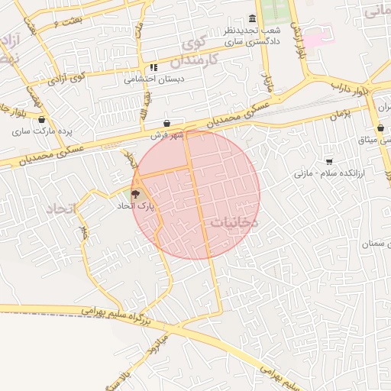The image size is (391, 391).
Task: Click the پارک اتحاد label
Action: click(x=136, y=206)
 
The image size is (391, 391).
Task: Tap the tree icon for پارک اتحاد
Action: click(x=136, y=195)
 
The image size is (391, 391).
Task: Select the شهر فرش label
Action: click(x=167, y=135)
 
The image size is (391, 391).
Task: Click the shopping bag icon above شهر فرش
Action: click(x=167, y=124)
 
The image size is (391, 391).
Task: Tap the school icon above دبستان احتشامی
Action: click(x=153, y=67)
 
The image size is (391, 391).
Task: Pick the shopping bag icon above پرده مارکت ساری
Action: click(x=40, y=120)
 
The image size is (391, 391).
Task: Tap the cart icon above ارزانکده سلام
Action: click(x=329, y=162)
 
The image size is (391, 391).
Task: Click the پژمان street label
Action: click(x=339, y=115)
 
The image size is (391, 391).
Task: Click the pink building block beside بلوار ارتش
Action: click(x=320, y=36)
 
